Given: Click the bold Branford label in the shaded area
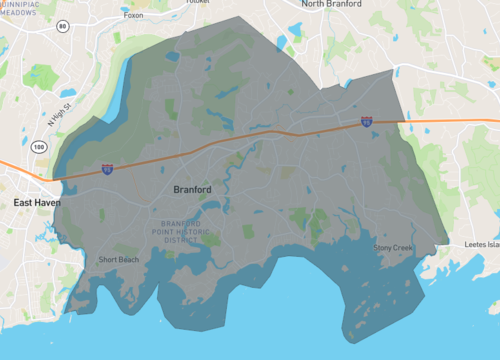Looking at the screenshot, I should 191,189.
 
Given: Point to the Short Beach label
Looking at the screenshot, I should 119,260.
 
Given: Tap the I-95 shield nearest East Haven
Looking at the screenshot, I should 107,170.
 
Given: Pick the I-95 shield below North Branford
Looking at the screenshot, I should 367,121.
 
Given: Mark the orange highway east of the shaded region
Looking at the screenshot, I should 450,121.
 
